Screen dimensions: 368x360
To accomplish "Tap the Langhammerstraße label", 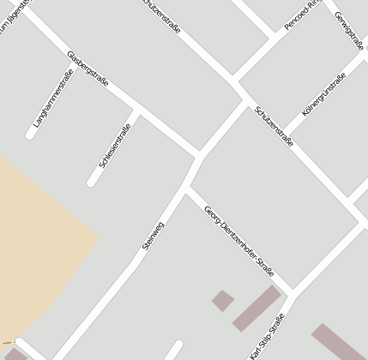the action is [53, 99].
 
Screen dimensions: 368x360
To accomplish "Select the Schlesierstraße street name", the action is [115, 146].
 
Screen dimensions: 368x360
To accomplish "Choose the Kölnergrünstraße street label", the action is [324, 97].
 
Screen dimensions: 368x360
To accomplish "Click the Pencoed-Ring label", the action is [305, 15].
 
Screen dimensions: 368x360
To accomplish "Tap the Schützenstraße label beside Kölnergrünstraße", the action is [274, 126].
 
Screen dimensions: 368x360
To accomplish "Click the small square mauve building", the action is [223, 300].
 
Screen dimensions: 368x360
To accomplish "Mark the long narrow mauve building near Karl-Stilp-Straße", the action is [256, 308].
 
